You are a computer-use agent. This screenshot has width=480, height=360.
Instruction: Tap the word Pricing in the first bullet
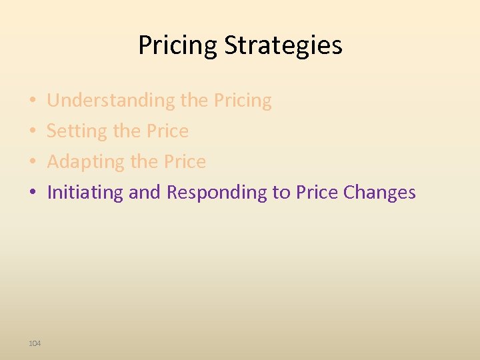coord(243,101)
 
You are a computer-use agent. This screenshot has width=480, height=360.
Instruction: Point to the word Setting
coord(71,131)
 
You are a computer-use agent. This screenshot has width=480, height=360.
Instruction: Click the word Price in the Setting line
coord(167,131)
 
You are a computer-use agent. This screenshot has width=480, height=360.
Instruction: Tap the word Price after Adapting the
coord(185,162)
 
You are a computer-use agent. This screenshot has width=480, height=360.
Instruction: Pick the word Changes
coord(379,193)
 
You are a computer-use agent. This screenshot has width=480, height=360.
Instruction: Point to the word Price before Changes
coord(317,193)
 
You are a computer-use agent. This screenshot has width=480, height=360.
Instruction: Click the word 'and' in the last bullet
coord(145,193)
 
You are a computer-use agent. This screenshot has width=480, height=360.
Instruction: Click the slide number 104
coord(35,343)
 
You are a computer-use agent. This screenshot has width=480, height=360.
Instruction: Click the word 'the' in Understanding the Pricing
coord(195,101)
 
